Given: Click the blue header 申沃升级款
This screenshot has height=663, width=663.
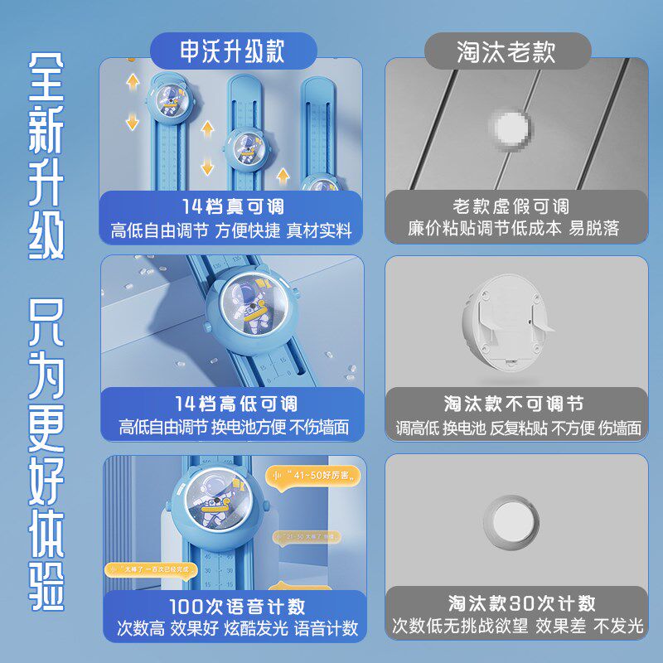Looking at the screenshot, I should (x=233, y=51).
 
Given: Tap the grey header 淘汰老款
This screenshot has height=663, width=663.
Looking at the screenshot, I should (x=506, y=51).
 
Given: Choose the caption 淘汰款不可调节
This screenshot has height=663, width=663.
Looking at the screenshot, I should (x=514, y=404).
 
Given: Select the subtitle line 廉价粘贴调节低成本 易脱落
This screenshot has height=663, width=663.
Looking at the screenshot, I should (x=514, y=229).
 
